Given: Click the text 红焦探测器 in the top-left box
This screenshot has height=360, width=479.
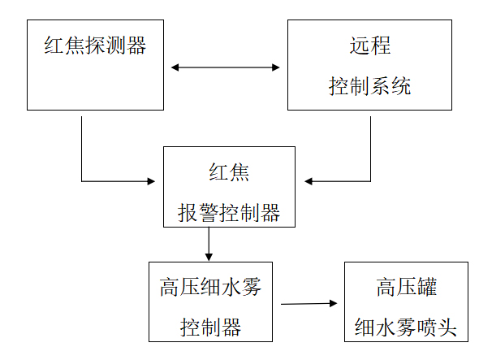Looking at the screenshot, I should point(95,46).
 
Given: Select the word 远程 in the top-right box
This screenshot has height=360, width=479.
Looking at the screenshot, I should point(369,46).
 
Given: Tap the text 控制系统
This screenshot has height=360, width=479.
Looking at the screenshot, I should point(369,86).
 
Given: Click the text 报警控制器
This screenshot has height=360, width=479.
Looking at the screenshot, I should point(229,213).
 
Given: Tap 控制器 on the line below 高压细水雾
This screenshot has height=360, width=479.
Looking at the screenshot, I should point(209,327).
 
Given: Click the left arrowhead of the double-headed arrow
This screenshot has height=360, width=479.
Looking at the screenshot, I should point(175,67).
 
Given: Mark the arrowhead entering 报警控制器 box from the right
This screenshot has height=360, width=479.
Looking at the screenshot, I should point(309,180).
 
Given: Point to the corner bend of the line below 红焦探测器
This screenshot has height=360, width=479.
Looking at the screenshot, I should point(82,180).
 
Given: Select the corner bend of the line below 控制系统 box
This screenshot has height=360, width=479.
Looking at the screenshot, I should point(370,180).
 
